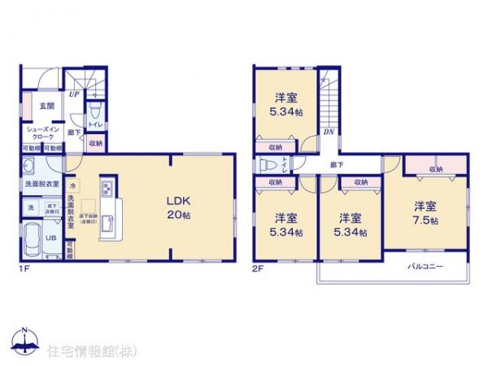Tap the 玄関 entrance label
point(38,105)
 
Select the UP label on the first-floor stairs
point(75,94)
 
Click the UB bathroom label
point(50,237)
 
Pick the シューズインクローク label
point(41,133)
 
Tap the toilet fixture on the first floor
point(94,111)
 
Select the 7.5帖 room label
point(425,213)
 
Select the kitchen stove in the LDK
point(107,192)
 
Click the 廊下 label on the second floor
point(336,165)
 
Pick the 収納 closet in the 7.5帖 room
point(436,168)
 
